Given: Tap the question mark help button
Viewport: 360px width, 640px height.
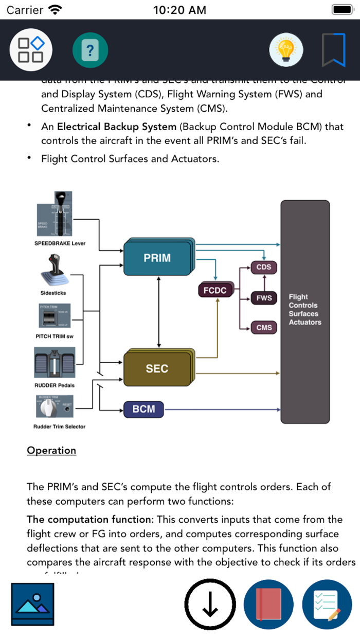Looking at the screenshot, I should coord(90,50).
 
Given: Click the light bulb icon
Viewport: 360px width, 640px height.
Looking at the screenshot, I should coord(286,50).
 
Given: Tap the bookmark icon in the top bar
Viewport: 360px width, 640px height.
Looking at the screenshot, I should coord(333,50).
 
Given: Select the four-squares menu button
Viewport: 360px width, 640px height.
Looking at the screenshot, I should coord(30,50).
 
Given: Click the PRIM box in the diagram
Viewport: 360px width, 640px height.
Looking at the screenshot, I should coord(157,258).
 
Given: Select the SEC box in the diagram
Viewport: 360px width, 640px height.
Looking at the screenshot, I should coord(157,368).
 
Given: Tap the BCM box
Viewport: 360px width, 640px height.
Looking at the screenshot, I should coord(144,409).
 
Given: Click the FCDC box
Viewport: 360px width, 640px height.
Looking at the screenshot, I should coord(215,290).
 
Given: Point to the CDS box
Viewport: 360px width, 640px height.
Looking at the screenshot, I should coord(264,268).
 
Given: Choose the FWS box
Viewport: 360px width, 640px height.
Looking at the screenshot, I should coord(264,298).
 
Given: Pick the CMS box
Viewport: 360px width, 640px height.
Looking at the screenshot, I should coord(264,328).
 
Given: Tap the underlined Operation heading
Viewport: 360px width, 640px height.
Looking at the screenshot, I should coord(51,450).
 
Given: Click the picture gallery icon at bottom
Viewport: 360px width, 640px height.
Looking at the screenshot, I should coord(32,605).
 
